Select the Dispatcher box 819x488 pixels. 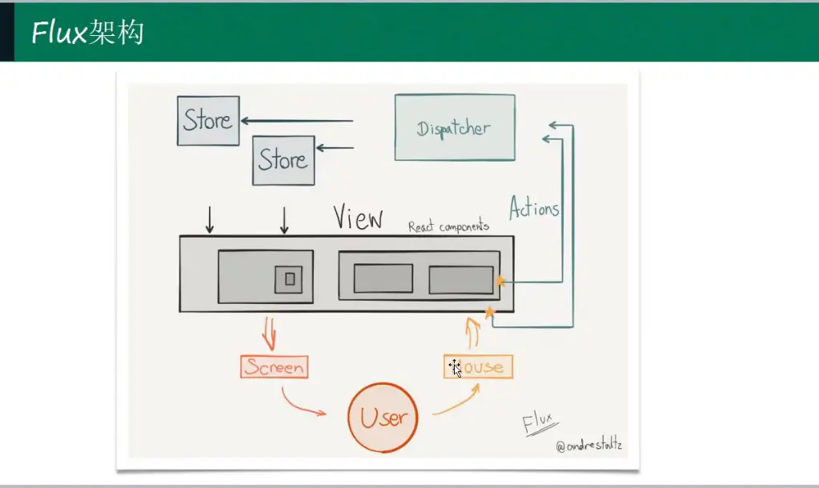[x=454, y=127]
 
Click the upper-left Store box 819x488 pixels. [x=208, y=121]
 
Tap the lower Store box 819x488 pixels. [x=283, y=160]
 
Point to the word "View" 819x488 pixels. [x=358, y=218]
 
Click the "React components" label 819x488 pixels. [x=448, y=226]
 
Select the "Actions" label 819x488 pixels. [x=534, y=209]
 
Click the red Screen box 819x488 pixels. [x=274, y=367]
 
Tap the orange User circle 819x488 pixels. [x=383, y=417]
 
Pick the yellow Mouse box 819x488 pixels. [x=478, y=367]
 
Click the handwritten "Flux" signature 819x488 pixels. [x=541, y=422]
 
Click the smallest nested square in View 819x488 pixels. [x=290, y=279]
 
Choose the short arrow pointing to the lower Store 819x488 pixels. [x=335, y=147]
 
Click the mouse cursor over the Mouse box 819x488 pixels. [x=455, y=368]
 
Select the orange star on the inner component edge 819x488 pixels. [x=500, y=281]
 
